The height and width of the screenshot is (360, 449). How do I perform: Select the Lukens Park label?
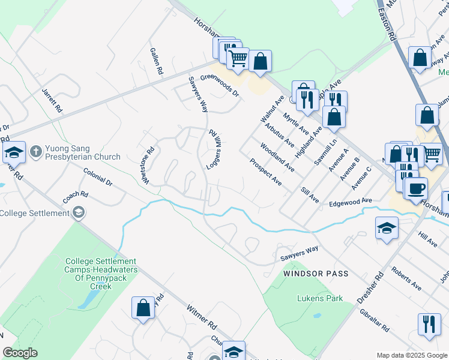click(x=320, y=298)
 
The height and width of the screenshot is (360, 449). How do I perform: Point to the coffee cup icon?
click(x=415, y=188)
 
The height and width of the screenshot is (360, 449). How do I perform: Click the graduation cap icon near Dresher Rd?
click(x=387, y=228)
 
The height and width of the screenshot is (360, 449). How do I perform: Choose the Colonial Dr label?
click(x=98, y=176)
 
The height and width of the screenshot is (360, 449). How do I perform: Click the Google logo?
click(x=20, y=353)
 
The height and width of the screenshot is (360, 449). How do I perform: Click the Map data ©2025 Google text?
click(x=411, y=355)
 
